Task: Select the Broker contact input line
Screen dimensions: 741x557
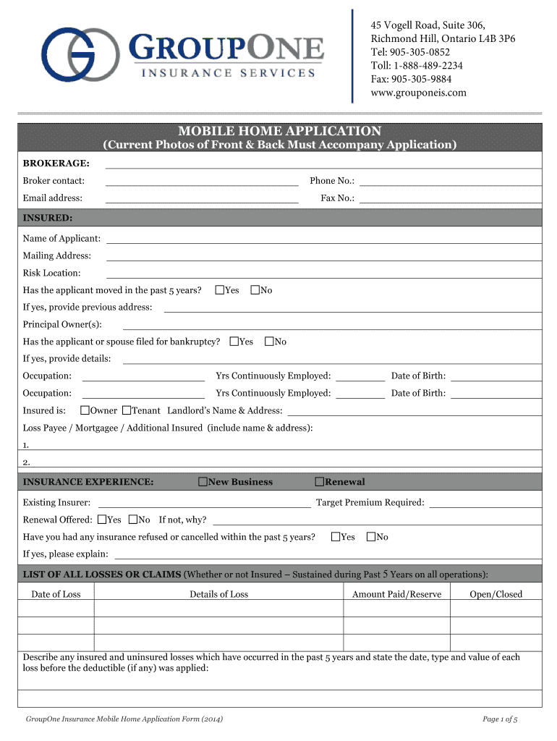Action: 202,181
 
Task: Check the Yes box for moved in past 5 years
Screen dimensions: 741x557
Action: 220,290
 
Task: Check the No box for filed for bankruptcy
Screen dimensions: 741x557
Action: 269,342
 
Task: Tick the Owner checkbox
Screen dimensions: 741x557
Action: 85,410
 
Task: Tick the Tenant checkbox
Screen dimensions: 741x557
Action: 127,410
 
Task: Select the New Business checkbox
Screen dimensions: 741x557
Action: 203,482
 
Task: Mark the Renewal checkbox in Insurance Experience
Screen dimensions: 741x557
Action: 319,482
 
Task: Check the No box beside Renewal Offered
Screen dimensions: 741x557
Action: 133,520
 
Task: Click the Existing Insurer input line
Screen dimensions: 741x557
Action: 204,503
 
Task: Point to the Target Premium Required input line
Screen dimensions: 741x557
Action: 485,503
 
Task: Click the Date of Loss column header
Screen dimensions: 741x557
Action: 56,595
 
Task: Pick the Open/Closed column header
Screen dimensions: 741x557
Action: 496,595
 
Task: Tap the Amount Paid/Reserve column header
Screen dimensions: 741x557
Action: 396,595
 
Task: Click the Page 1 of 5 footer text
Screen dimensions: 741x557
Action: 500,719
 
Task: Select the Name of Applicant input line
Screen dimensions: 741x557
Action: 323,239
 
